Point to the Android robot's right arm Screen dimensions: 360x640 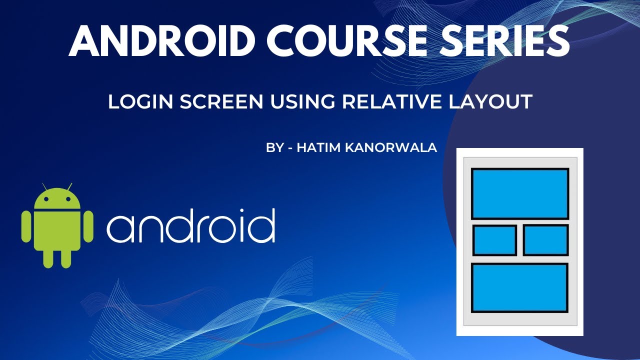[88, 226]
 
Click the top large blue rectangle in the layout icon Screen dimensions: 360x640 [520, 193]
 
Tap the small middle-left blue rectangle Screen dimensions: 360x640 [494, 240]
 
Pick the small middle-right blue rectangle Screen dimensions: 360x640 [545, 240]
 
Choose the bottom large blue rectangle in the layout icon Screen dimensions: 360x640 [519, 287]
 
